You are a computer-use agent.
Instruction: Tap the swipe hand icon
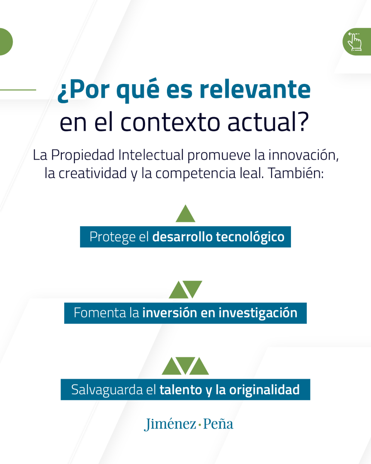(x=355, y=41)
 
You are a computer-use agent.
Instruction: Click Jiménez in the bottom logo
(x=170, y=424)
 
